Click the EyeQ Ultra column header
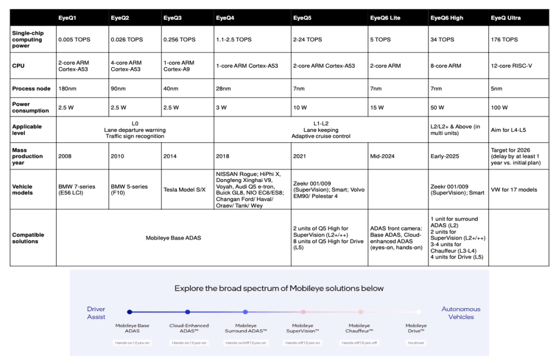(505, 18)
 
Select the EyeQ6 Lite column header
(385, 18)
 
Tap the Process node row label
(31, 88)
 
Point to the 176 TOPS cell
(504, 39)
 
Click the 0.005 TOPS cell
(75, 39)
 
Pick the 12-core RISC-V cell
(511, 66)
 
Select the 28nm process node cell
(223, 88)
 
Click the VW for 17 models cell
(514, 189)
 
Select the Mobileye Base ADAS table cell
(173, 238)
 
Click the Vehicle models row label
(23, 189)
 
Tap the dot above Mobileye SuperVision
(303, 312)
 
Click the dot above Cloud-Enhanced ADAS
(187, 312)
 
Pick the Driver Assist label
(96, 313)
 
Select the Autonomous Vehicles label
(461, 313)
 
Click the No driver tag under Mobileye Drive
(416, 343)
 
